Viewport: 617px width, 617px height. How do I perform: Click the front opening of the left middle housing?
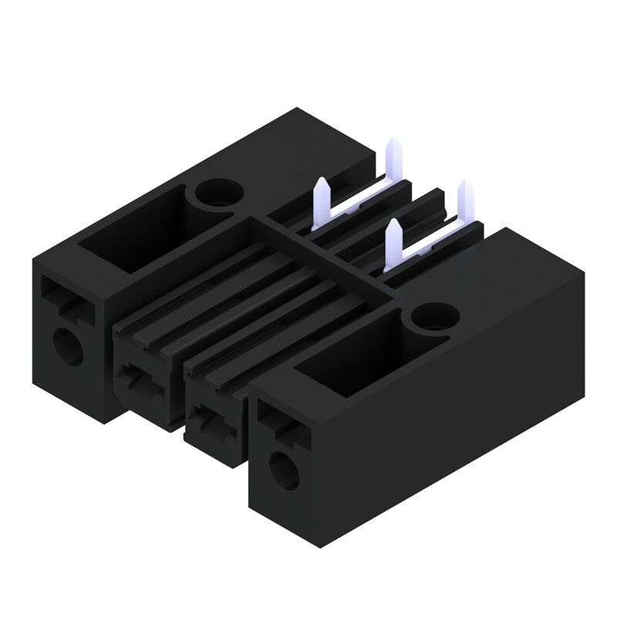pos(143,381)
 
